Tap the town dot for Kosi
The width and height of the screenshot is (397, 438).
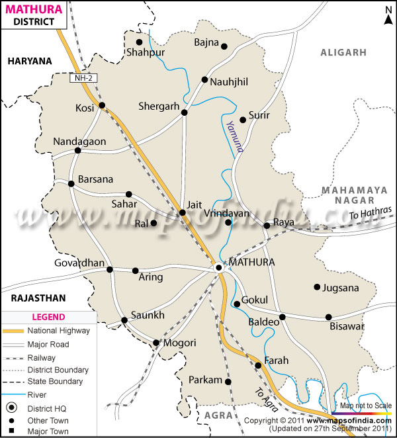(102, 105)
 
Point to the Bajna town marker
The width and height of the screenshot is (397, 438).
(224, 46)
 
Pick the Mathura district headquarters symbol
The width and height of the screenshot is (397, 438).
(219, 267)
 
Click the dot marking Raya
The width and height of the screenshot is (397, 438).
(267, 226)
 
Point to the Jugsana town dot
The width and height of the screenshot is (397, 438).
(317, 287)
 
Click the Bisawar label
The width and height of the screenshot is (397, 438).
(347, 326)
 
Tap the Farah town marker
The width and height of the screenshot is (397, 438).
(258, 365)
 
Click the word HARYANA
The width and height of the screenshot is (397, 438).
(30, 61)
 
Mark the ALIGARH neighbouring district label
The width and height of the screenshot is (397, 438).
(343, 52)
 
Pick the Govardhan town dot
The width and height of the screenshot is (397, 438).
(110, 269)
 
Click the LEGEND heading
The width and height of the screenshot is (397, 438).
(48, 317)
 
